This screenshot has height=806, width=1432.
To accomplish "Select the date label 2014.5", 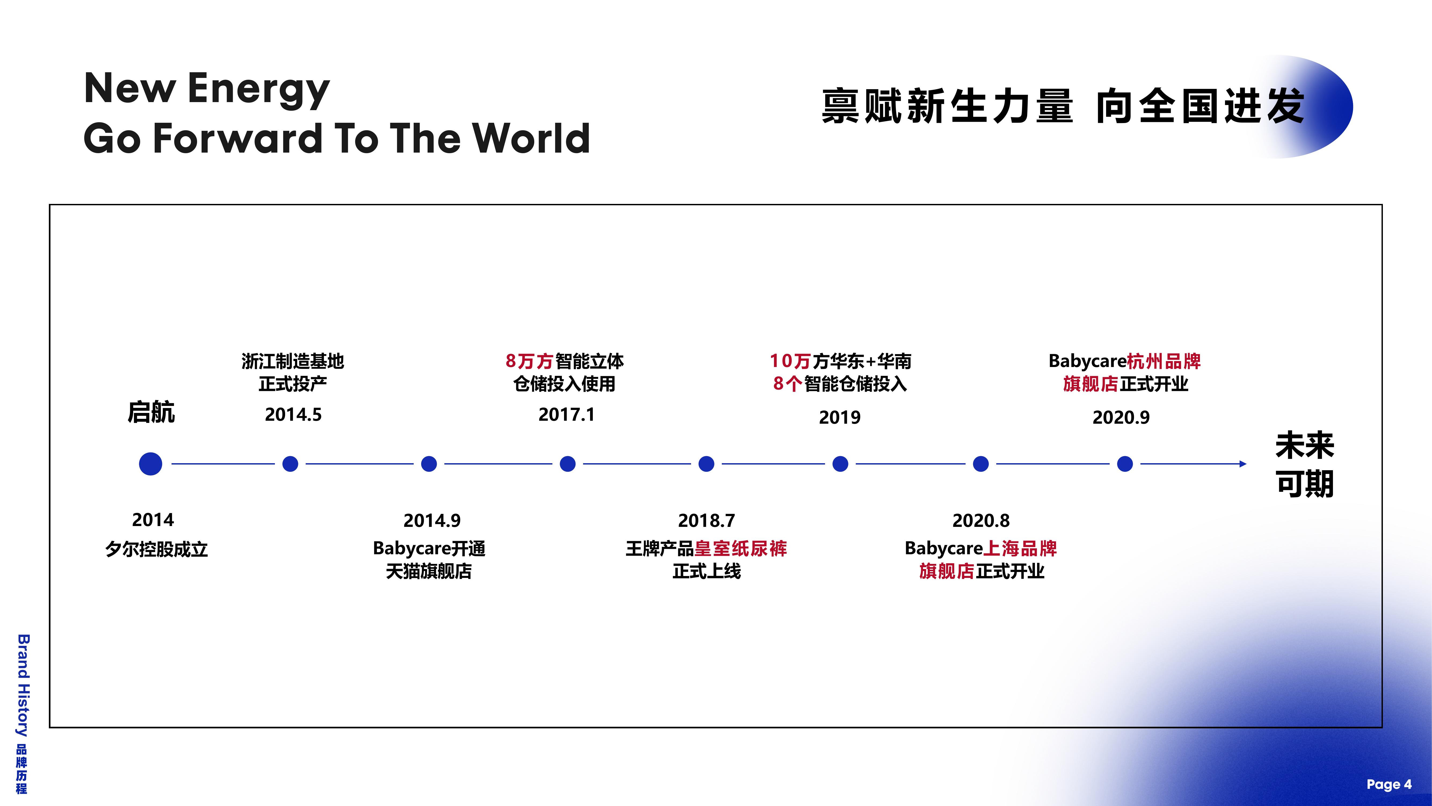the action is (x=293, y=414).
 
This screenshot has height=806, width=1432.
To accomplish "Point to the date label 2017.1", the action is (x=566, y=414).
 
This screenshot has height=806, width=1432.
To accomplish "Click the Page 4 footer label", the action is (x=1389, y=784).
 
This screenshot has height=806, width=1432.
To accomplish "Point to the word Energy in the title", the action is (x=259, y=90).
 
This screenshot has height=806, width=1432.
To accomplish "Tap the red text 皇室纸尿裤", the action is (x=740, y=548).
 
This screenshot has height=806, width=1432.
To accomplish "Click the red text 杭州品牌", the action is (x=1164, y=361).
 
